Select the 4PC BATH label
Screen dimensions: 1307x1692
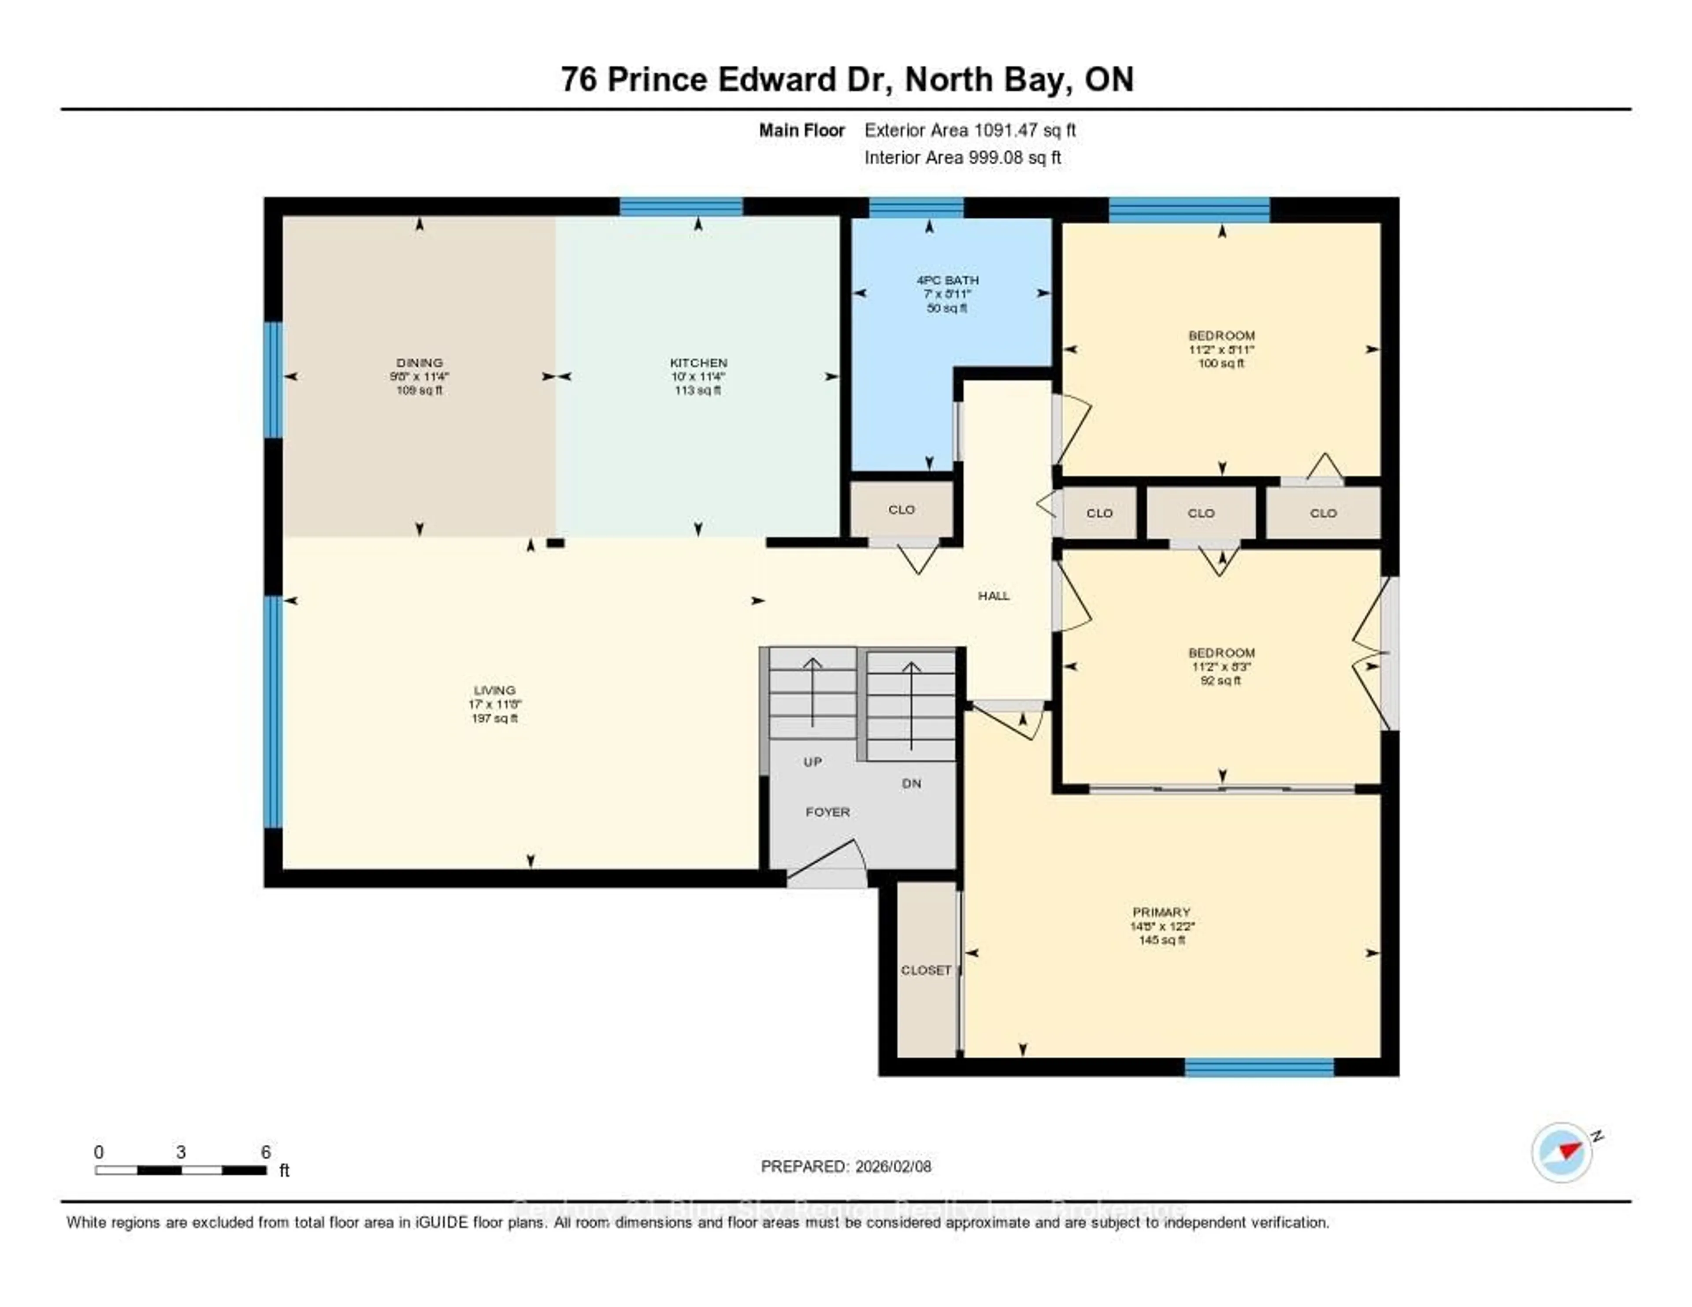point(947,280)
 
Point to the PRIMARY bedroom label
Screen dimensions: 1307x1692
point(1161,912)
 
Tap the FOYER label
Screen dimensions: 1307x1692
point(827,812)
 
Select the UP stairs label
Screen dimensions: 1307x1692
point(812,761)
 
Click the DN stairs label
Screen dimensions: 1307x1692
point(911,783)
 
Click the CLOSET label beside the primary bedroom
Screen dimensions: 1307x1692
point(926,970)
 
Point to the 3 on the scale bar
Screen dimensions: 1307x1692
point(181,1152)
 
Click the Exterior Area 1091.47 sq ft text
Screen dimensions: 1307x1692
point(970,130)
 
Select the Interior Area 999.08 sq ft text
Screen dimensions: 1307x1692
point(962,157)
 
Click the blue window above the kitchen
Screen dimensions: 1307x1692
point(681,207)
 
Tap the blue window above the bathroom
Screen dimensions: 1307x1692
point(916,207)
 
